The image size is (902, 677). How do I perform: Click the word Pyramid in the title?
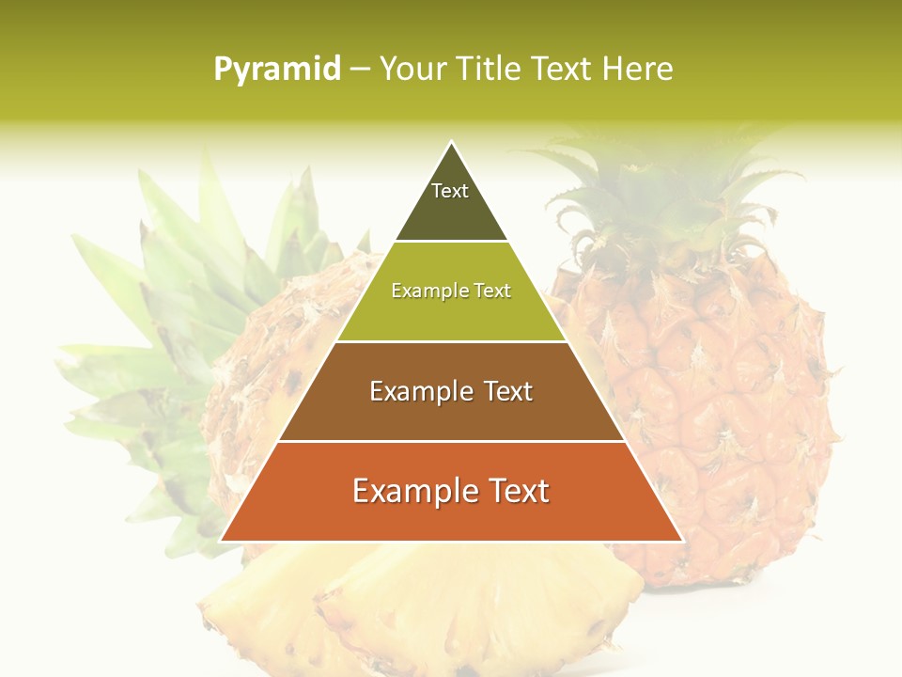(x=277, y=70)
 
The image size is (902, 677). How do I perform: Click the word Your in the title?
(x=413, y=69)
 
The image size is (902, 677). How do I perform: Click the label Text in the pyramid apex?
(x=450, y=191)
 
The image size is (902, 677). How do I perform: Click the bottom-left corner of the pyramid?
(x=222, y=541)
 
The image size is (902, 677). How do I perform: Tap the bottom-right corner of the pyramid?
(x=681, y=541)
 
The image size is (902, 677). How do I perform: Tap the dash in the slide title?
(x=360, y=70)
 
